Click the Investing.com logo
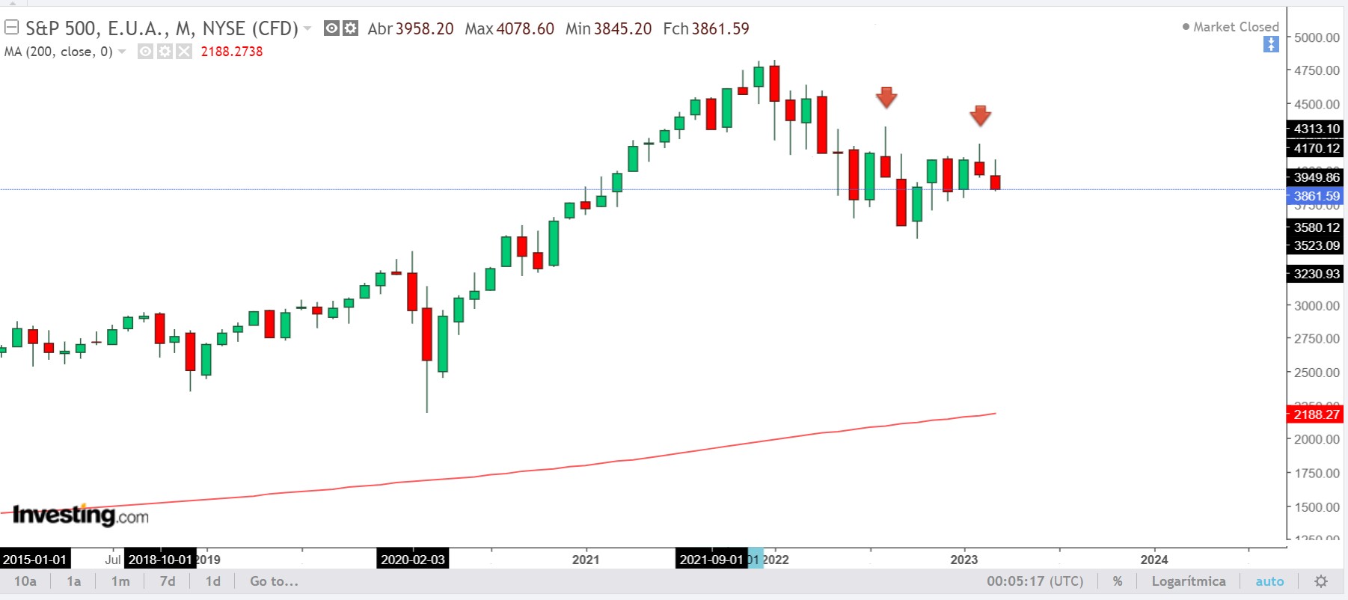(81, 515)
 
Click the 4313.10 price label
(1316, 129)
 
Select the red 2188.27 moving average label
(1316, 414)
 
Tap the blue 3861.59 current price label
(1316, 196)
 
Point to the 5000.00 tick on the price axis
(1317, 37)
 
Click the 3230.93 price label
(1316, 274)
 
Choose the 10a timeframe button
(25, 581)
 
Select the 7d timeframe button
(168, 581)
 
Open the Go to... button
(274, 581)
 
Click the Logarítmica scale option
(1188, 581)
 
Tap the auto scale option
(1269, 581)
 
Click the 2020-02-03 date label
(413, 560)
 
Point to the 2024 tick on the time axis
(1154, 560)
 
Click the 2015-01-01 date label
(35, 560)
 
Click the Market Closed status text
(1235, 27)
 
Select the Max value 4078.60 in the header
(525, 29)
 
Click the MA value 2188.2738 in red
(232, 52)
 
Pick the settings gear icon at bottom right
(1321, 581)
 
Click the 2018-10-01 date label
(160, 560)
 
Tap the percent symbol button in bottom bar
(1117, 581)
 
